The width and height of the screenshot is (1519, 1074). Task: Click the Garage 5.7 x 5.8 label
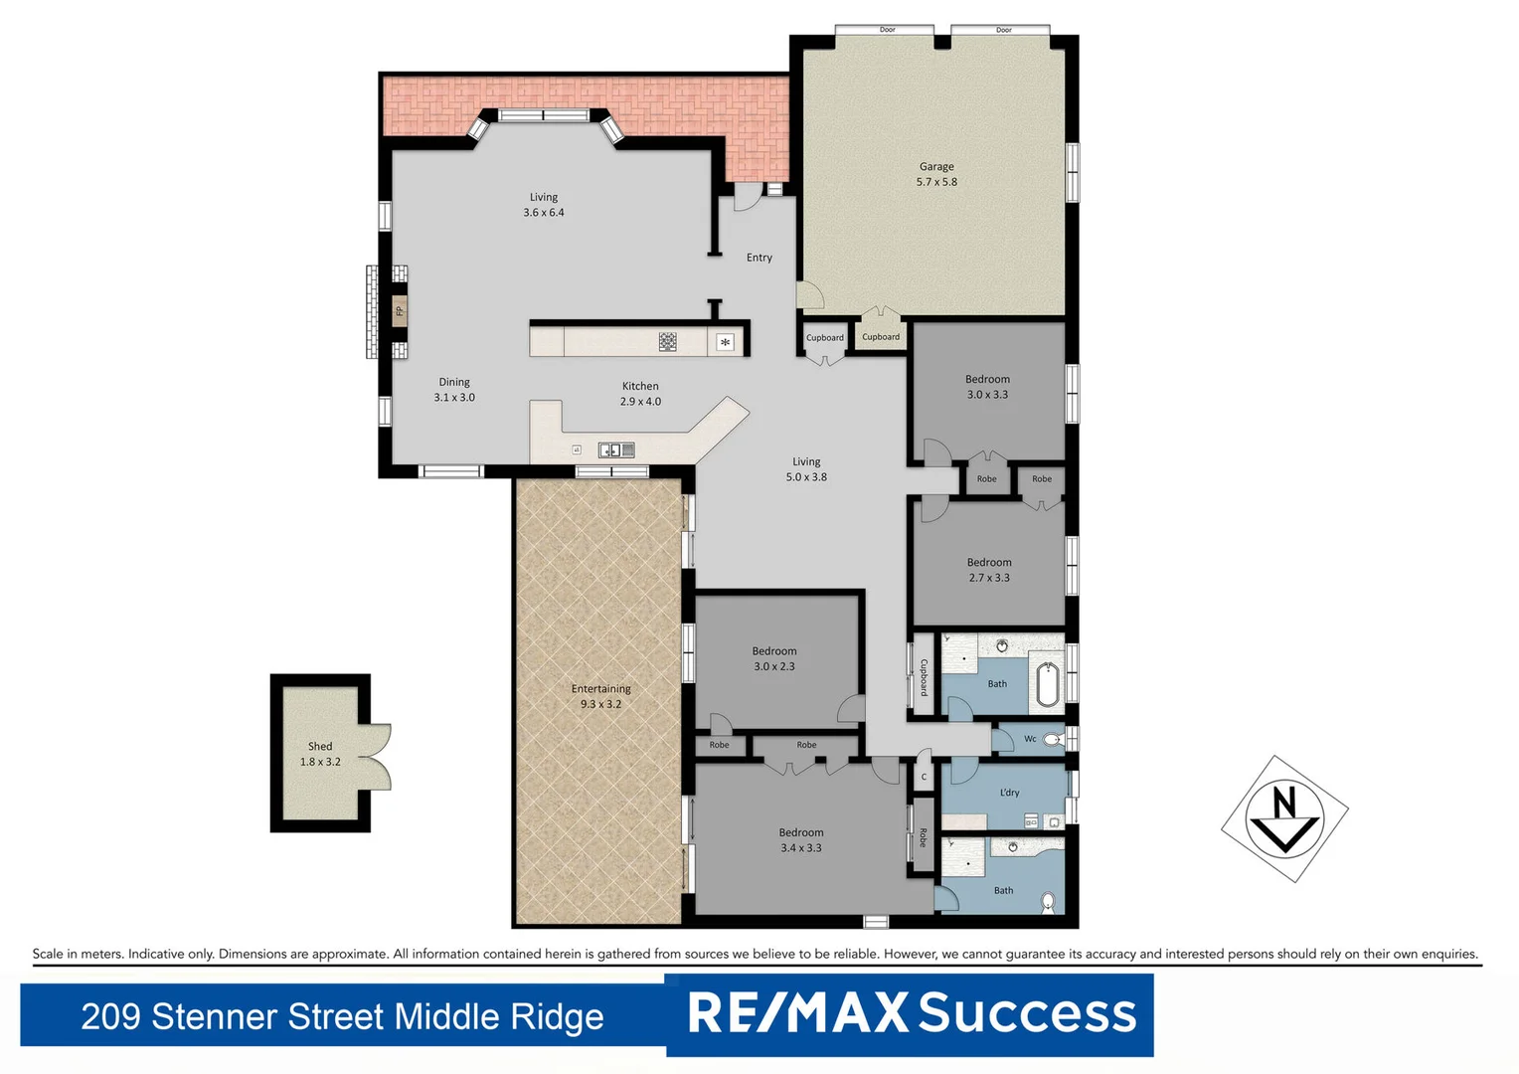pyautogui.click(x=936, y=174)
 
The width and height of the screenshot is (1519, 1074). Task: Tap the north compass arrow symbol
pyautogui.click(x=1284, y=818)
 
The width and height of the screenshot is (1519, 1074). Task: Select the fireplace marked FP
pyautogui.click(x=400, y=311)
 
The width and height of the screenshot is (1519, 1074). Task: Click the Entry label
pyautogui.click(x=759, y=258)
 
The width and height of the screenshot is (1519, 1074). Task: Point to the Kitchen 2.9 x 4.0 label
pyautogui.click(x=640, y=394)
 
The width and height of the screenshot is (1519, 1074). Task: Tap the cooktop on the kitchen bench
pyautogui.click(x=668, y=342)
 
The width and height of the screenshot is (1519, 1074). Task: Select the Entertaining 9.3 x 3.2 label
pyautogui.click(x=600, y=696)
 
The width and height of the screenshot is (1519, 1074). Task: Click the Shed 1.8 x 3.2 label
pyautogui.click(x=320, y=754)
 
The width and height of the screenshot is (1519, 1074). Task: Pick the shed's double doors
pyautogui.click(x=375, y=757)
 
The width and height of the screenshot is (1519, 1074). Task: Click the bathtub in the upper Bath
pyautogui.click(x=1047, y=684)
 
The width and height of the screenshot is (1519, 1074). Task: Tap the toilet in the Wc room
pyautogui.click(x=1053, y=739)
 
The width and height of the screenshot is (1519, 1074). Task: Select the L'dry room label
pyautogui.click(x=1009, y=793)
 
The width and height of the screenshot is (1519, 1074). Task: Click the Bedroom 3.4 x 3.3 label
pyautogui.click(x=801, y=840)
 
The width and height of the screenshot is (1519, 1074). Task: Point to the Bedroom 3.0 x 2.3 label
pyautogui.click(x=774, y=658)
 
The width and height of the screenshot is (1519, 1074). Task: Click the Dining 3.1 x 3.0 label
pyautogui.click(x=454, y=389)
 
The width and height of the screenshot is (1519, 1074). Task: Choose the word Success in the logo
pyautogui.click(x=1027, y=1013)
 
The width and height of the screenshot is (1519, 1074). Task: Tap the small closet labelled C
pyautogui.click(x=924, y=777)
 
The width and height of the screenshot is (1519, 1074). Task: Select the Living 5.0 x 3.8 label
pyautogui.click(x=806, y=469)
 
